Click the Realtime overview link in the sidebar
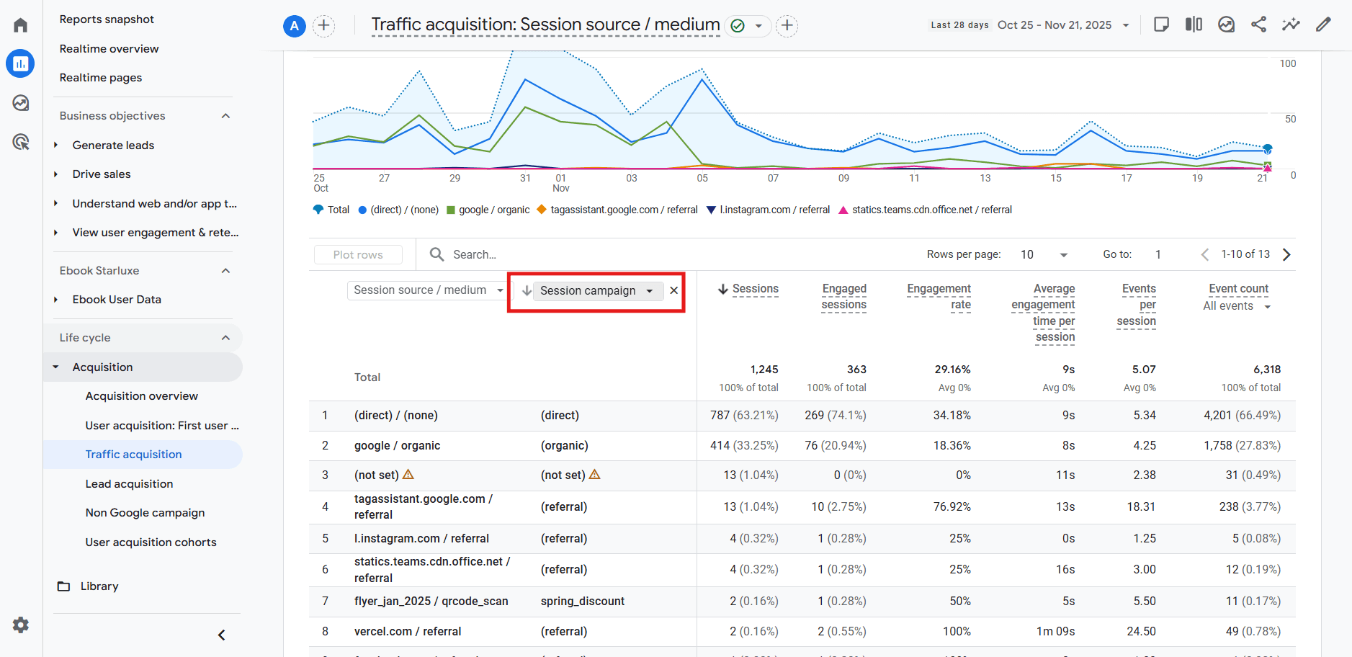[x=109, y=49]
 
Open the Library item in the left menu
[x=99, y=586]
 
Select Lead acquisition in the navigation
[x=129, y=484]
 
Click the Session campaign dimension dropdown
[x=596, y=291]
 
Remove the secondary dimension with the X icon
[x=674, y=291]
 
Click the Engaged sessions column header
[x=843, y=297]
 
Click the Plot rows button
[x=358, y=255]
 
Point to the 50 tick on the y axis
[x=1290, y=120]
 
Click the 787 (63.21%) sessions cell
[x=743, y=416]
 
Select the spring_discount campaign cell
[x=582, y=602]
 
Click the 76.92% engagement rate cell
[x=952, y=507]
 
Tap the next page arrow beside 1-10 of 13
[x=1286, y=255]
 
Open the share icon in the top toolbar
[x=1258, y=25]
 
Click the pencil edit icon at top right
[x=1323, y=25]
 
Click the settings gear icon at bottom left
[x=21, y=625]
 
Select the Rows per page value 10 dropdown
[x=1043, y=255]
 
